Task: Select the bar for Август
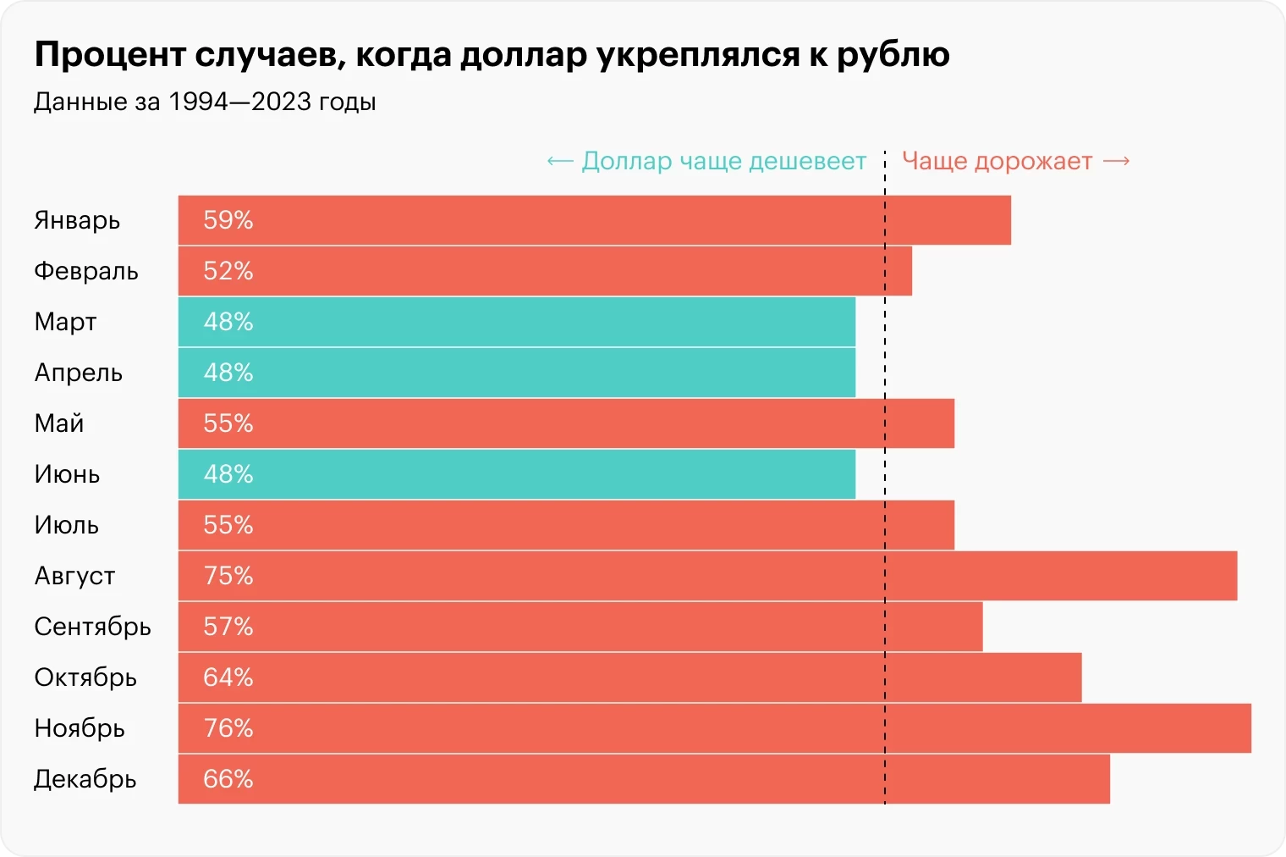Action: (707, 576)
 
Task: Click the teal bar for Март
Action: (516, 322)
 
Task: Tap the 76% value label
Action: (228, 728)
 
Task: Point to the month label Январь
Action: (77, 220)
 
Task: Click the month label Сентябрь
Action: (92, 627)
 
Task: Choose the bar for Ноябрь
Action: (714, 728)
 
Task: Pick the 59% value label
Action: (228, 220)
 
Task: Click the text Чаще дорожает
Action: (997, 161)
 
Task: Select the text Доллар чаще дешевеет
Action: (723, 161)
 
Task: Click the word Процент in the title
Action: (110, 55)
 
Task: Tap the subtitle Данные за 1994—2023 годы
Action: (205, 102)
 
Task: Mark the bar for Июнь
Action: (516, 474)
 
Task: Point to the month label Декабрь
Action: (85, 779)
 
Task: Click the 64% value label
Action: (228, 677)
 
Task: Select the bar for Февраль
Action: (545, 271)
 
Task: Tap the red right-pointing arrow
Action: (1117, 161)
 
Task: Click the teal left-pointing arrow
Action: (560, 161)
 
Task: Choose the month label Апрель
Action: (78, 373)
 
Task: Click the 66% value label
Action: (228, 779)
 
